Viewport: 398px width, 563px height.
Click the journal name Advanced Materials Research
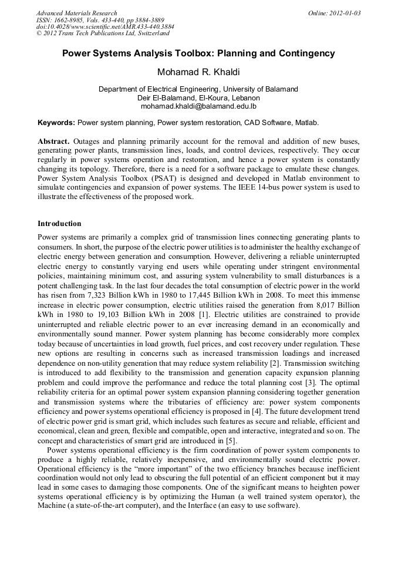(x=76, y=13)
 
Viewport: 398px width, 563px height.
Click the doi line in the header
(x=105, y=27)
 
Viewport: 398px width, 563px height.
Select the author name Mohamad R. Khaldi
(x=198, y=72)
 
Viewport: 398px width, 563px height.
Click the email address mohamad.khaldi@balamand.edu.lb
(x=198, y=107)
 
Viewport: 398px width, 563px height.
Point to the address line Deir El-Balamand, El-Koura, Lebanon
(x=198, y=98)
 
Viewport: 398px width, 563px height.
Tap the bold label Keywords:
(x=56, y=123)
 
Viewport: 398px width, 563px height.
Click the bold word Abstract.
(x=54, y=142)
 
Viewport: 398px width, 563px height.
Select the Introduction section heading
(x=59, y=224)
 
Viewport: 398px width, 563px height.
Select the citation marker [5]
(x=231, y=439)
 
